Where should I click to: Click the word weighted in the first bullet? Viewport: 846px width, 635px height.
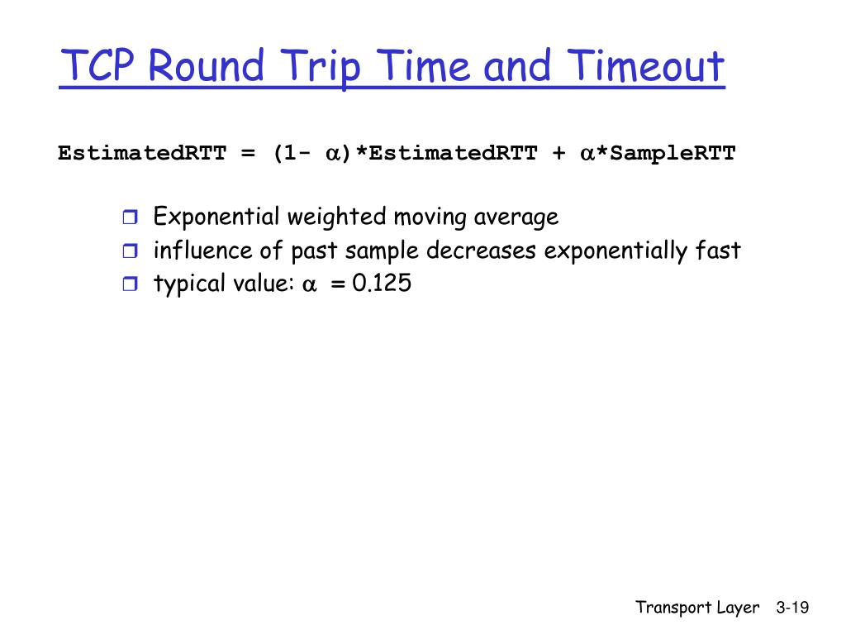click(336, 218)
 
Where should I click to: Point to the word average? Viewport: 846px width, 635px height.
click(516, 217)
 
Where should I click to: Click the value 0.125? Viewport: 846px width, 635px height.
click(381, 284)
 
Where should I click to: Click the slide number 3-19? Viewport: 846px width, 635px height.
click(792, 608)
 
